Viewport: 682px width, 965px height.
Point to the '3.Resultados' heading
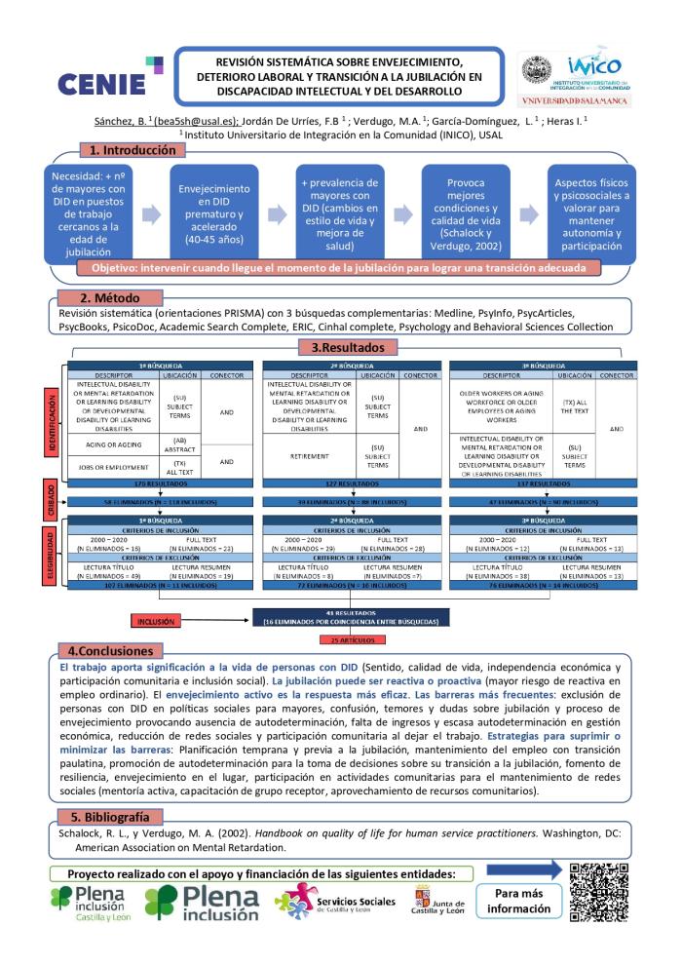click(341, 346)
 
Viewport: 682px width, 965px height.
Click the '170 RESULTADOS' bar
click(150, 482)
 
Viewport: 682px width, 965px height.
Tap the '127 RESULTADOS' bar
click(341, 482)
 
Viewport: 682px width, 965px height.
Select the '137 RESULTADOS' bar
click(532, 482)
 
